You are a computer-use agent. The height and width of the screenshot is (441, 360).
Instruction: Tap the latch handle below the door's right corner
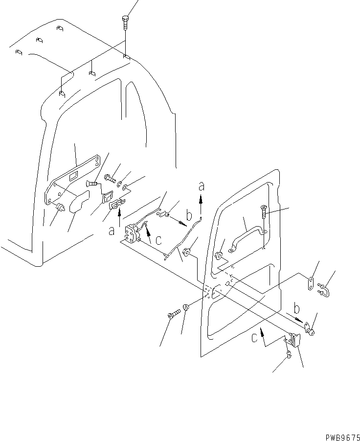(294, 340)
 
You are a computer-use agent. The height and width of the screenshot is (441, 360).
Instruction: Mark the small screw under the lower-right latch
(288, 356)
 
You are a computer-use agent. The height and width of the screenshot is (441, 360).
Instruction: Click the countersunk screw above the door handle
(263, 211)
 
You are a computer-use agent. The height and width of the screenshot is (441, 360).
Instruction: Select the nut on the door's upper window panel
(218, 255)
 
